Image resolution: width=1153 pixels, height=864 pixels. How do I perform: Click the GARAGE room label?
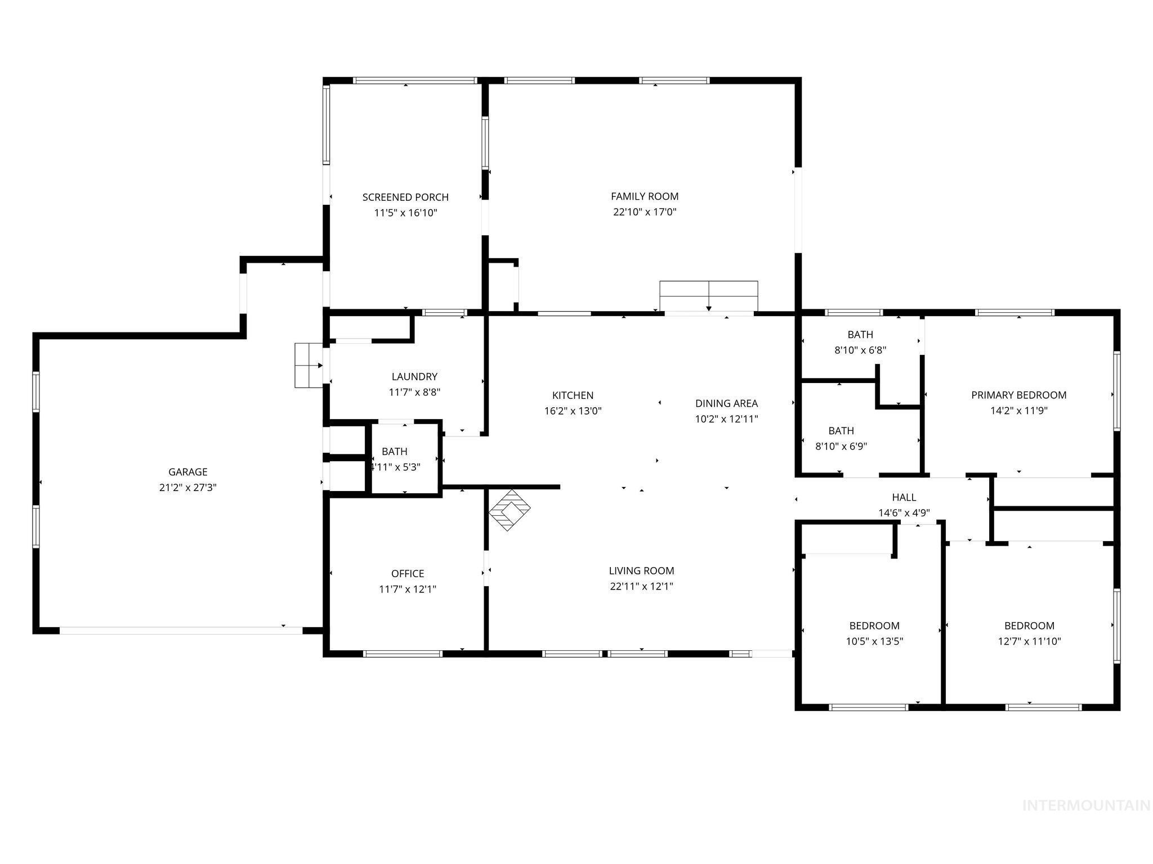[187, 472]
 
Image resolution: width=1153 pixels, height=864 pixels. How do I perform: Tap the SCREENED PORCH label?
[405, 197]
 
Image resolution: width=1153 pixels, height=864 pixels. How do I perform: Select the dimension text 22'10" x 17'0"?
[645, 212]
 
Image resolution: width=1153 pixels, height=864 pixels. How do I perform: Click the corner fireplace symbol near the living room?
[510, 510]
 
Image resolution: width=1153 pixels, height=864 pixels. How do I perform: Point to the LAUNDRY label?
[414, 376]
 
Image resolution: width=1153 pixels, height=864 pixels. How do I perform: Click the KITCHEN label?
[573, 395]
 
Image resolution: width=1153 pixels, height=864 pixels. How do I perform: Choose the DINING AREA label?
[726, 403]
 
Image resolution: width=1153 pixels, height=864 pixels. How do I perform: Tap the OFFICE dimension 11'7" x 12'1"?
[408, 589]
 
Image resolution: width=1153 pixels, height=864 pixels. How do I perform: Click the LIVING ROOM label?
[641, 570]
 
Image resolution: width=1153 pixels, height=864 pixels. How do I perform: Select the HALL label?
[904, 497]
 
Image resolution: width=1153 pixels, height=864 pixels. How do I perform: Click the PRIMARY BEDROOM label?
[1018, 395]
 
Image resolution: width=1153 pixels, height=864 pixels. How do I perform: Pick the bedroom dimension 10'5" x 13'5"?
[874, 641]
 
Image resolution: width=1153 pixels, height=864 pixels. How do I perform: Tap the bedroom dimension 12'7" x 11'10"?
[1029, 641]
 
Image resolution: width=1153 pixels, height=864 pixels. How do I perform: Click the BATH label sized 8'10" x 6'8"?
[860, 335]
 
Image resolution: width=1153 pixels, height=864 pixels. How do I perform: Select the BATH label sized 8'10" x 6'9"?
[841, 431]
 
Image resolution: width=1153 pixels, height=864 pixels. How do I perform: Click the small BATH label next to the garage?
[394, 451]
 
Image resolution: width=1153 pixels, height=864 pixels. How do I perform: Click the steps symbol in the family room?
[708, 296]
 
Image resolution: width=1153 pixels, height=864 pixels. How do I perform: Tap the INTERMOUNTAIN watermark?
[1086, 805]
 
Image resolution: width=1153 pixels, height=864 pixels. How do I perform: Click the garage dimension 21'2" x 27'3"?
[187, 488]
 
